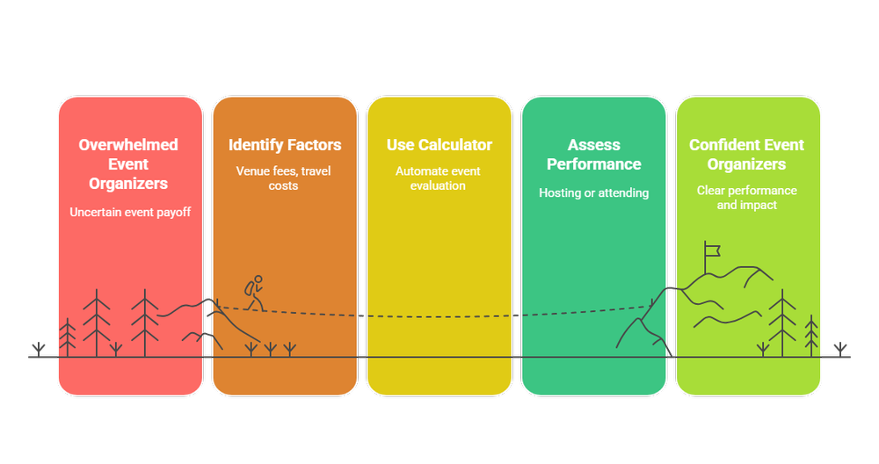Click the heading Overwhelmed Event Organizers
tap(128, 163)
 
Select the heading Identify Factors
tap(285, 145)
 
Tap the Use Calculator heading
tap(439, 145)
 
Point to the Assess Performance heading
tap(594, 155)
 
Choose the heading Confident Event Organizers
tap(747, 155)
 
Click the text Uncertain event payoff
tap(129, 211)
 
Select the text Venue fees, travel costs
tap(283, 178)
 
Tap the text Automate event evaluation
tap(438, 178)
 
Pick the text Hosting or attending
tap(593, 192)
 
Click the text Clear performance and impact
tap(747, 198)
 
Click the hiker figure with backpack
tap(254, 293)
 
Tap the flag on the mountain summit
tap(711, 250)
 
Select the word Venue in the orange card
tap(252, 171)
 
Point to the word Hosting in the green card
tap(560, 192)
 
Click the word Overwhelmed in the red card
tap(128, 145)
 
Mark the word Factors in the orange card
tap(314, 145)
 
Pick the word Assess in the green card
tap(594, 145)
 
